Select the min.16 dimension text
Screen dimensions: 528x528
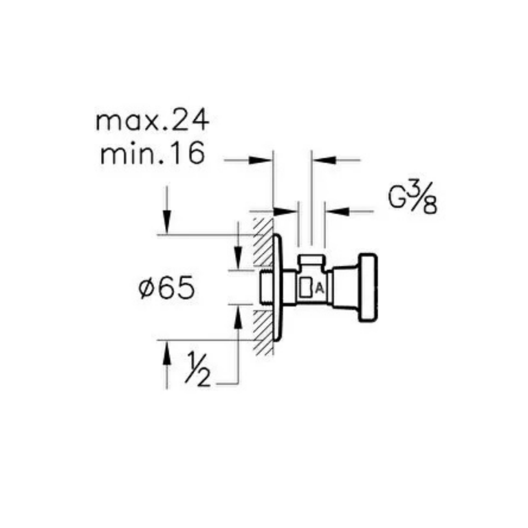point(152,154)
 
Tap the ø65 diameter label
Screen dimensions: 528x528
point(166,288)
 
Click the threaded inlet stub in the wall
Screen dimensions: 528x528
point(266,287)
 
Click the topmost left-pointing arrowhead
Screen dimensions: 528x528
point(324,160)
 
